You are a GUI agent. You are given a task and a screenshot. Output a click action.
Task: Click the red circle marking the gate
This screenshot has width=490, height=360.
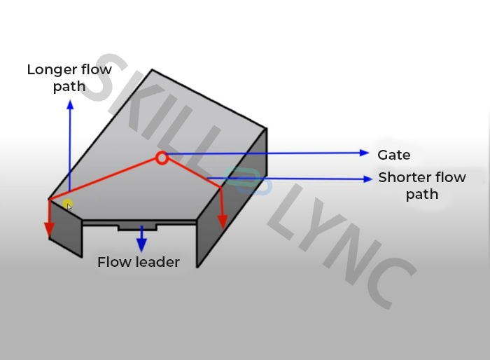click(162, 158)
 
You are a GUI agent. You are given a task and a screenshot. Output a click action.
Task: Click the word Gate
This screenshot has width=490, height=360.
click(394, 155)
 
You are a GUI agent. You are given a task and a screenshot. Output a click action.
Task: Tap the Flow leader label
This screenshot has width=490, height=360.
click(139, 263)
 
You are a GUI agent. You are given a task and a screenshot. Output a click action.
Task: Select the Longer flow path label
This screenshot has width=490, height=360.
click(69, 78)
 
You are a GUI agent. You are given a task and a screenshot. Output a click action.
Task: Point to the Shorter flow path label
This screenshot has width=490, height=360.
click(422, 186)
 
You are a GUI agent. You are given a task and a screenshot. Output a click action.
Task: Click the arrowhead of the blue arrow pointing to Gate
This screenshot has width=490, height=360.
click(364, 153)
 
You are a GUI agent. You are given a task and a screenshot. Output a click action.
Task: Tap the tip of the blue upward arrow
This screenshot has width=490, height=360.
click(69, 104)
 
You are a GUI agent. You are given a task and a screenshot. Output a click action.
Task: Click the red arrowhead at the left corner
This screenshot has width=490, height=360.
click(49, 230)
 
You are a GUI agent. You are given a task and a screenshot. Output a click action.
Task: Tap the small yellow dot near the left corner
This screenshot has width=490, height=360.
click(67, 205)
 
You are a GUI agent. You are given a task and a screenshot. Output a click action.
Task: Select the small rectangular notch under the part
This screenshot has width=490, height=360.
click(137, 227)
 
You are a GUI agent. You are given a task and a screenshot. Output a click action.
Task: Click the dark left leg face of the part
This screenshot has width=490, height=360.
click(64, 230)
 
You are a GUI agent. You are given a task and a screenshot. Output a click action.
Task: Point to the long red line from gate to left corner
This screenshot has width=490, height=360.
click(105, 178)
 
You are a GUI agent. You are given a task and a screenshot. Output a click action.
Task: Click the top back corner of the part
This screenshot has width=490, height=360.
click(152, 70)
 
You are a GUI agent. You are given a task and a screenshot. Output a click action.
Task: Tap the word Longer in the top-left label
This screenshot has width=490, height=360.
click(52, 70)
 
